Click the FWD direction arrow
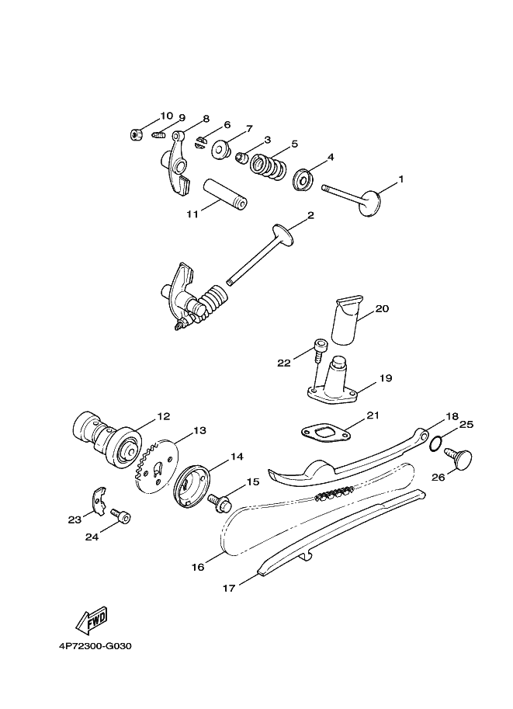pos(91,620)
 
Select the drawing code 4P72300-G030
pos(95,645)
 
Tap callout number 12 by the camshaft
pos(164,417)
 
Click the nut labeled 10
pos(136,134)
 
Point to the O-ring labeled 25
pos(437,443)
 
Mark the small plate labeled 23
pos(97,501)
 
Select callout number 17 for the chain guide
pos(229,588)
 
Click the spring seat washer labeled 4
pos(303,180)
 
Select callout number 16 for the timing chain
pos(198,568)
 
